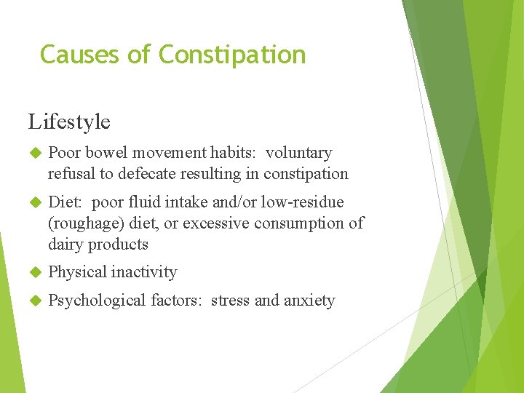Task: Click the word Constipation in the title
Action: coord(232,55)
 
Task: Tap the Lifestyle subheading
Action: coord(69,122)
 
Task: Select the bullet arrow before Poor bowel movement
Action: coord(33,154)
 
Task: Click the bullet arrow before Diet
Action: coord(33,202)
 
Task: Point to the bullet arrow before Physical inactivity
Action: coord(33,272)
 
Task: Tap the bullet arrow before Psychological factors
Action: coord(33,301)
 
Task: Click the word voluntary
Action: coord(298,154)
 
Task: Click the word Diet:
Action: coord(65,202)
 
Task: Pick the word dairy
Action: coord(65,245)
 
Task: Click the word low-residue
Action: coord(305,202)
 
